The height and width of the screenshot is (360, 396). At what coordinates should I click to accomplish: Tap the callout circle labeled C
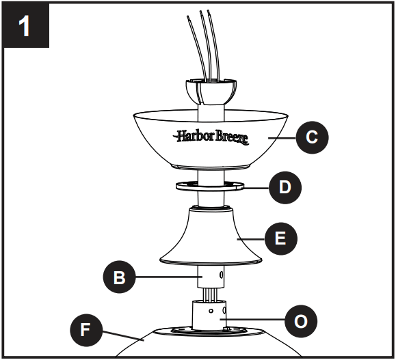pos(312,137)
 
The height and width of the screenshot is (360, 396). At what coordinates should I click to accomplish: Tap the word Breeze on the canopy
pos(230,137)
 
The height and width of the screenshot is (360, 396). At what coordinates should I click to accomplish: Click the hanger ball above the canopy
pos(210,89)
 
